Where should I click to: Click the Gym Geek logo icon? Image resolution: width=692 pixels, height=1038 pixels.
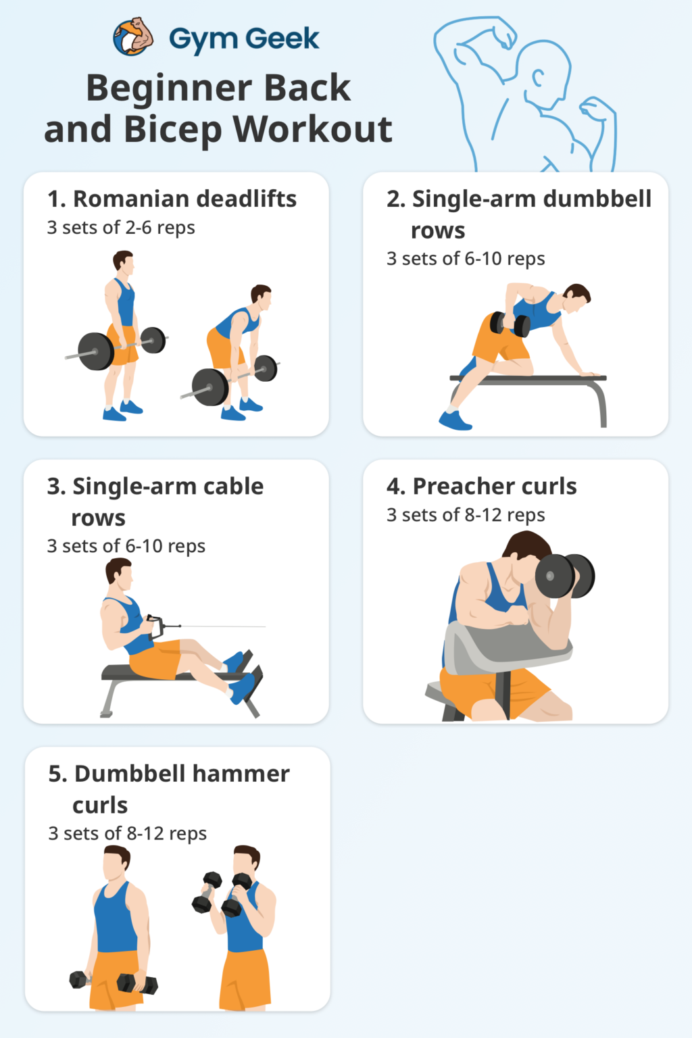133,37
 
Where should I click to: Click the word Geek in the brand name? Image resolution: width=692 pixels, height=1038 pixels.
282,39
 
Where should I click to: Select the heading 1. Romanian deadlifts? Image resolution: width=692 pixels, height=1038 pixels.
172,199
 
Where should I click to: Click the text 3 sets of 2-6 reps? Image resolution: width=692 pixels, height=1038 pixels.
121,228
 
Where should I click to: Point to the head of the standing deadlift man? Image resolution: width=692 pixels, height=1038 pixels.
124,261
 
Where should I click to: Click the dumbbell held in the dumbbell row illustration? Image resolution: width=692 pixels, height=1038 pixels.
510,324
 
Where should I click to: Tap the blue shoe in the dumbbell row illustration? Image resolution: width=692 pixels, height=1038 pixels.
455,420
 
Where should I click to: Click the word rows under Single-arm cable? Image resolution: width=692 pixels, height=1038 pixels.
98,518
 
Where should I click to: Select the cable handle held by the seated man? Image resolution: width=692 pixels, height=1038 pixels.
156,626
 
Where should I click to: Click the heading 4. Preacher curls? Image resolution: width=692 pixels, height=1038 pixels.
481,486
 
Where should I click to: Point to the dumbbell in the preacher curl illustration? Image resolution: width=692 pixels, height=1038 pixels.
564,576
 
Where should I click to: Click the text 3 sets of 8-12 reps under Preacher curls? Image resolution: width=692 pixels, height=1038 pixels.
466,515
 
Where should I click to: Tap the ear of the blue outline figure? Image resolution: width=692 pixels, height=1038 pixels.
539,78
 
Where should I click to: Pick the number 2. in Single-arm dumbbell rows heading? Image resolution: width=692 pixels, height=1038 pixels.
396,199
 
